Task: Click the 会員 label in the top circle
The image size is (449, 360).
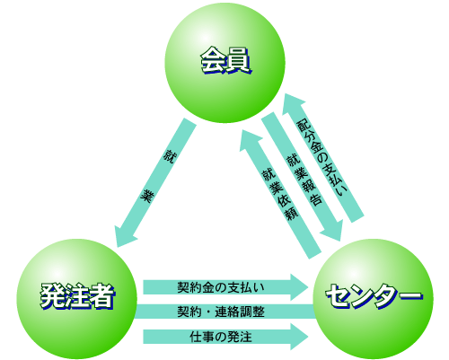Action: [x=225, y=60]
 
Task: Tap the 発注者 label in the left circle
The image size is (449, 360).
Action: [x=77, y=296]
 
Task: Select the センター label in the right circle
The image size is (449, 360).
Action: [x=374, y=295]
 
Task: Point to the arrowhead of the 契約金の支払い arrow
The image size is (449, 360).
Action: [x=299, y=287]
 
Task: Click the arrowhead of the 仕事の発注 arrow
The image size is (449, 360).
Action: [x=299, y=337]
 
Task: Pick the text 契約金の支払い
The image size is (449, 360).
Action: [x=221, y=287]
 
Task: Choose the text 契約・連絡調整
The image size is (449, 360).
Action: [x=221, y=312]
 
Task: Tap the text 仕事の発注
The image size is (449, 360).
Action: [x=221, y=337]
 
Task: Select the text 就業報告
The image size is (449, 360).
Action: [x=304, y=180]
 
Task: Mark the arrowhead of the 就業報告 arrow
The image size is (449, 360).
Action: [x=332, y=231]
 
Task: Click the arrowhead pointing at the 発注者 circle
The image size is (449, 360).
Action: [x=124, y=236]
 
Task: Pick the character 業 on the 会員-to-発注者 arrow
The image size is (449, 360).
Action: [x=147, y=196]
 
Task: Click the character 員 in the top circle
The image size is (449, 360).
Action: [x=239, y=60]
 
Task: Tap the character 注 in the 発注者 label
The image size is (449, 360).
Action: [x=77, y=296]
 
